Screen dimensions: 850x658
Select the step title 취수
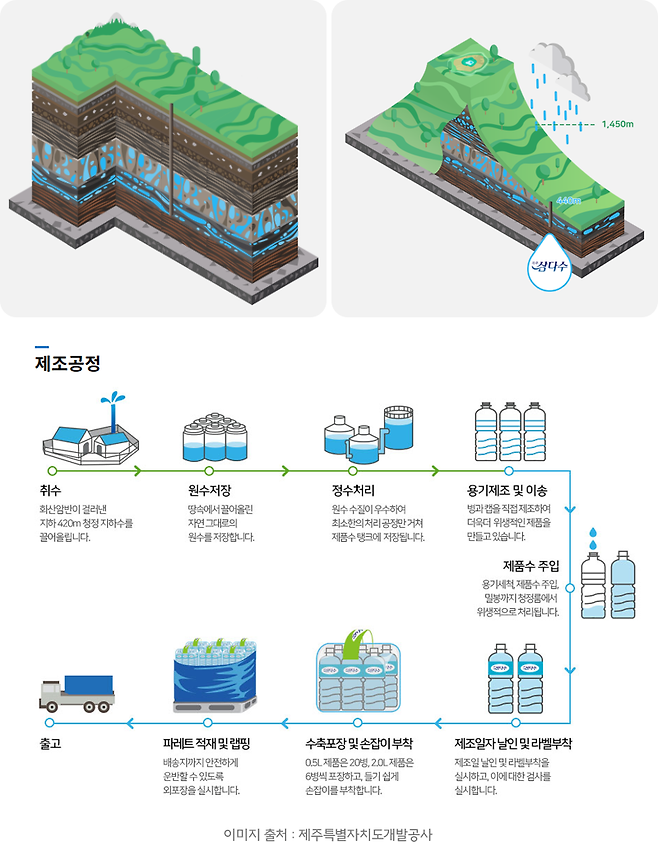(50, 490)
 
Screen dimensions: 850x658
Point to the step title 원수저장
(210, 490)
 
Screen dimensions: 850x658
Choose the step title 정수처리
(352, 490)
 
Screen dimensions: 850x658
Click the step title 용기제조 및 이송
(507, 490)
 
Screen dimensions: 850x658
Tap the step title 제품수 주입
(531, 565)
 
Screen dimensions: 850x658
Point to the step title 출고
(50, 744)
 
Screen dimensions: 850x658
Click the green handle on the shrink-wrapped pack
(356, 640)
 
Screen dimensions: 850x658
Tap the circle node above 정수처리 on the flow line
(352, 469)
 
